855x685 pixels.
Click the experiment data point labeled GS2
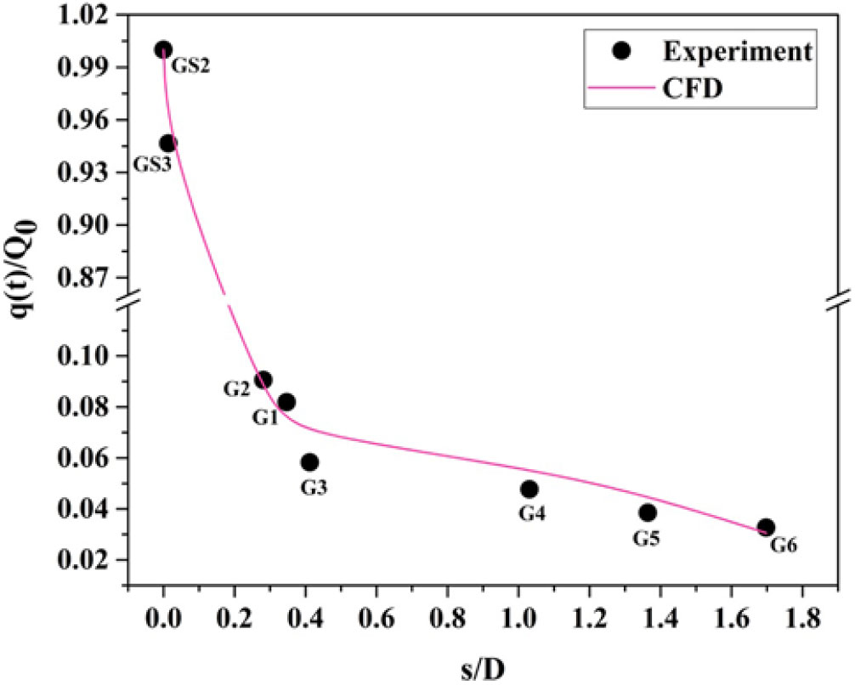coord(163,50)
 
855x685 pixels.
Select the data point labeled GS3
coord(168,144)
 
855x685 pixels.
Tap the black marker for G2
coord(263,380)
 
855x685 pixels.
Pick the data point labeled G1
coord(286,402)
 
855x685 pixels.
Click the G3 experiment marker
coord(309,462)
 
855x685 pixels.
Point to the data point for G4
coord(529,490)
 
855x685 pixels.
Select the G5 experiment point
coord(648,512)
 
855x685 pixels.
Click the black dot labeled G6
coord(766,528)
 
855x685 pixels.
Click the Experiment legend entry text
coord(736,51)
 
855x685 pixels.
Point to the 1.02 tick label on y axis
coord(88,15)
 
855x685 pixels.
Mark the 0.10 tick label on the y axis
coord(88,355)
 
